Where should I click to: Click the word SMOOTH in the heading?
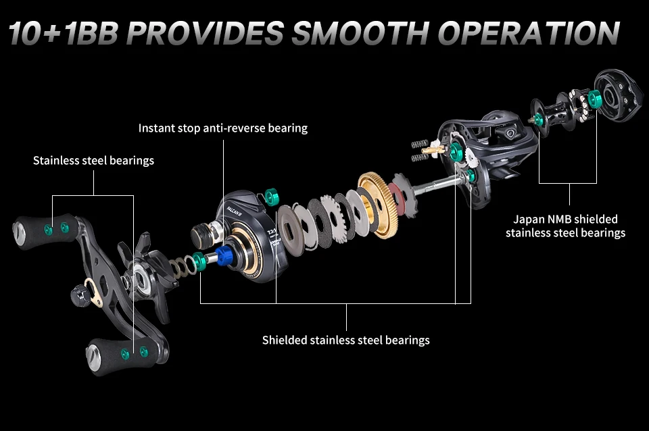click(x=360, y=32)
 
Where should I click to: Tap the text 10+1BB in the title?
click(x=64, y=32)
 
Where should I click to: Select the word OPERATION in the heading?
click(x=529, y=32)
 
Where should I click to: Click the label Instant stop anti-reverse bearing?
click(x=222, y=128)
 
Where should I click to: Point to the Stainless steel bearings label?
click(x=93, y=161)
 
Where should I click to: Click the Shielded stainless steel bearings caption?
click(x=346, y=340)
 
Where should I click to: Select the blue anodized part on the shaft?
click(x=224, y=256)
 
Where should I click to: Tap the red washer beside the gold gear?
click(x=396, y=197)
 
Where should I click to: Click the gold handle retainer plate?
click(x=93, y=292)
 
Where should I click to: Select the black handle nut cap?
click(x=80, y=295)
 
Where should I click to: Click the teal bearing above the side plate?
click(x=272, y=197)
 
